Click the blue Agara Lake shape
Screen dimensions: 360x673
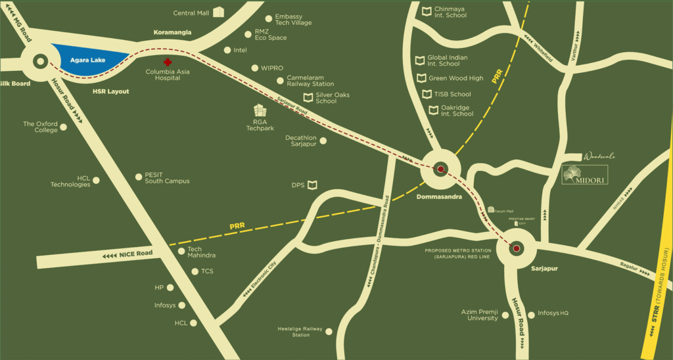pyautogui.click(x=89, y=60)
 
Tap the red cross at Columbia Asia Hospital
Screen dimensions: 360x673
pyautogui.click(x=168, y=62)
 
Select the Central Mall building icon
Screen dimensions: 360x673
pyautogui.click(x=218, y=12)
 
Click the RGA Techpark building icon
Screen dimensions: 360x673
pyautogui.click(x=260, y=110)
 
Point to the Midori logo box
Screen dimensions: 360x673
pyautogui.click(x=584, y=174)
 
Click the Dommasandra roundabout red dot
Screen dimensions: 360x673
pyautogui.click(x=440, y=169)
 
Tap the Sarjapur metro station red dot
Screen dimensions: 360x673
pyautogui.click(x=516, y=248)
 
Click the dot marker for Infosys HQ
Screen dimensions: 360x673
pyautogui.click(x=531, y=314)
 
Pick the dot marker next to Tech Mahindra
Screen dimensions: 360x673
pyautogui.click(x=181, y=251)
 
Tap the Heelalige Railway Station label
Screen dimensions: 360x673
pyautogui.click(x=300, y=332)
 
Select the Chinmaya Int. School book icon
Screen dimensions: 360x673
pyautogui.click(x=427, y=11)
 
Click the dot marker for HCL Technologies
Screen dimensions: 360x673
pyautogui.click(x=97, y=179)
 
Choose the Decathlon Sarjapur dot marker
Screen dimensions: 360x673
pyautogui.click(x=323, y=140)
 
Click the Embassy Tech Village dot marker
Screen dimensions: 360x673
pyautogui.click(x=268, y=19)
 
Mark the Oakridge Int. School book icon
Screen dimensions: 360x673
pyautogui.click(x=434, y=110)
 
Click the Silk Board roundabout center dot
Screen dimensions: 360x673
pyautogui.click(x=39, y=63)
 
